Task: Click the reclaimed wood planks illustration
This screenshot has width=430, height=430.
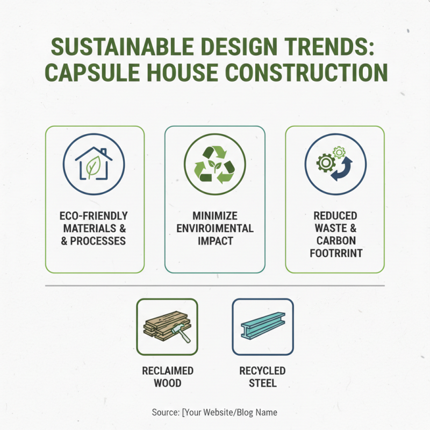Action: pos(167,327)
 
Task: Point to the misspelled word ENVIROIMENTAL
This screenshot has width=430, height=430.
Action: pos(214,228)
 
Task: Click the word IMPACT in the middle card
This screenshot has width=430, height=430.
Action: pos(214,241)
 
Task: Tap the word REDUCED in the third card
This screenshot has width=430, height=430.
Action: pos(335,216)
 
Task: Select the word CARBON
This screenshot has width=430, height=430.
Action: pos(335,240)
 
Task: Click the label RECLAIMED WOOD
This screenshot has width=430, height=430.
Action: pos(167,377)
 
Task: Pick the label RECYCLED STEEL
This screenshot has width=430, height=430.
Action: pos(262,377)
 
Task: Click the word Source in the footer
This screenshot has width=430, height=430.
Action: pos(165,413)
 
